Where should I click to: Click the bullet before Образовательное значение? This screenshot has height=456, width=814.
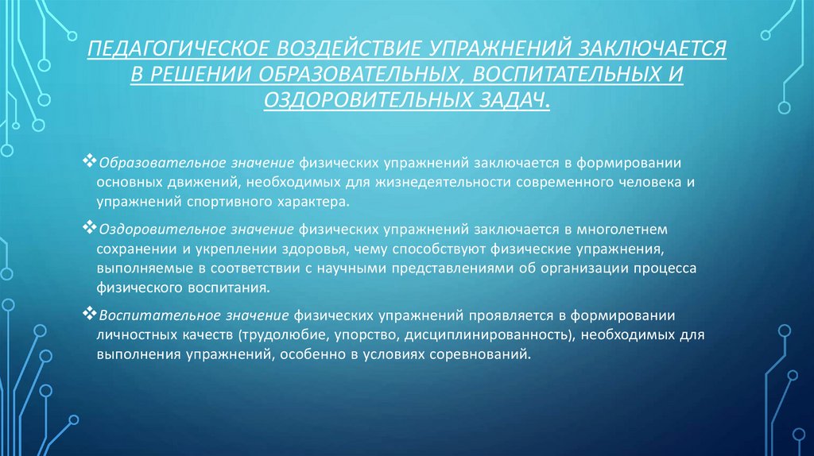click(x=88, y=160)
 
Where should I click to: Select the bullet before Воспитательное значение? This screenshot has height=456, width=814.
click(x=88, y=312)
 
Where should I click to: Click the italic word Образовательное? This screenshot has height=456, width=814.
click(x=149, y=161)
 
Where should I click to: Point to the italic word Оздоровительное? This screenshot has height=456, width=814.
click(x=149, y=229)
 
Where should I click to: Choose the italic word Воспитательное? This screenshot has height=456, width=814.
click(x=146, y=313)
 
